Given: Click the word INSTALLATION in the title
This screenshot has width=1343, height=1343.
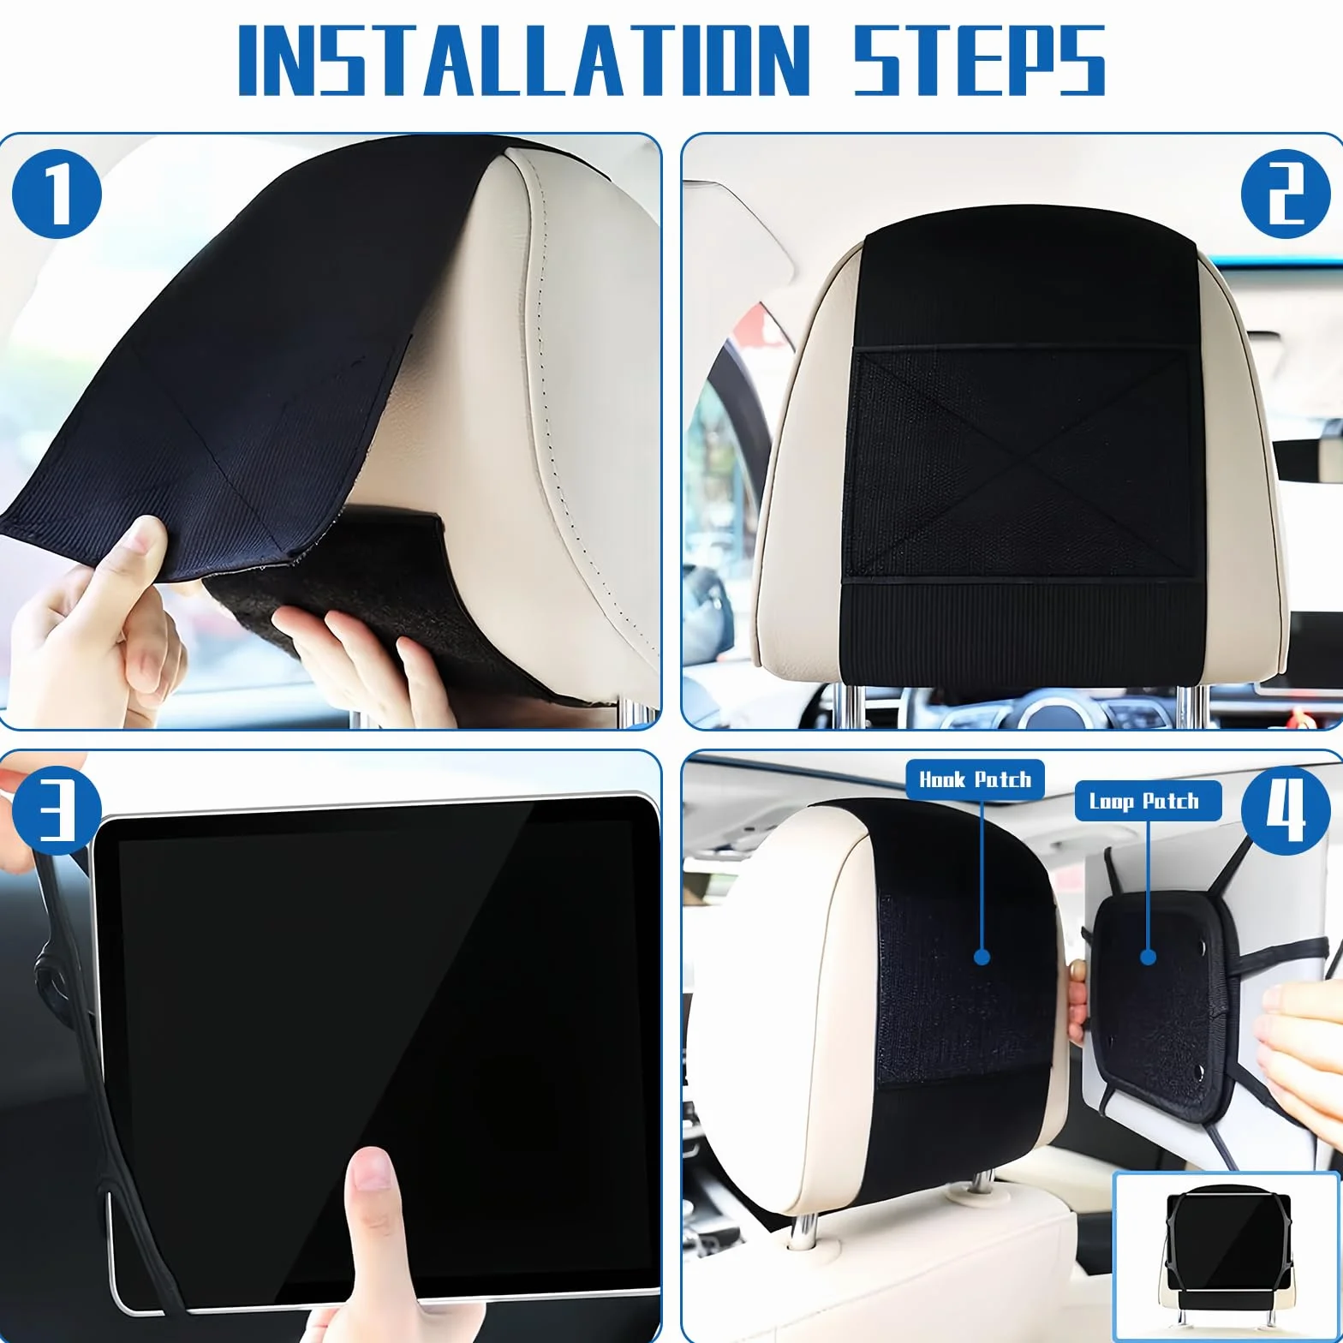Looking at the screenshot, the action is (x=523, y=59).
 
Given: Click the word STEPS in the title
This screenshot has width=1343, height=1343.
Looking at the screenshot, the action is (x=979, y=59).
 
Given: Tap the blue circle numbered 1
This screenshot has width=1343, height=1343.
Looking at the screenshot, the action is (x=57, y=194).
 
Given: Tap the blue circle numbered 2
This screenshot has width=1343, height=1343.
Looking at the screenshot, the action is (x=1286, y=194).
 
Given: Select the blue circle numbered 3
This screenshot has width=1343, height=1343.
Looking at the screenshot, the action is (x=57, y=810).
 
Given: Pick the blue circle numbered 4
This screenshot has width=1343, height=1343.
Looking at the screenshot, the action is (x=1286, y=810).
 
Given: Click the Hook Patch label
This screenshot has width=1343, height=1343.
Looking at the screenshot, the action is (x=975, y=779).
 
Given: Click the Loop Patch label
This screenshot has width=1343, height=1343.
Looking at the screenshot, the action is (x=1148, y=801).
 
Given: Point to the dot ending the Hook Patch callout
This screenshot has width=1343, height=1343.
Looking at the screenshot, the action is (x=982, y=957).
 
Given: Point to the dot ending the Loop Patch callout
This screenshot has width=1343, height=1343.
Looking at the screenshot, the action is (x=1149, y=957).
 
